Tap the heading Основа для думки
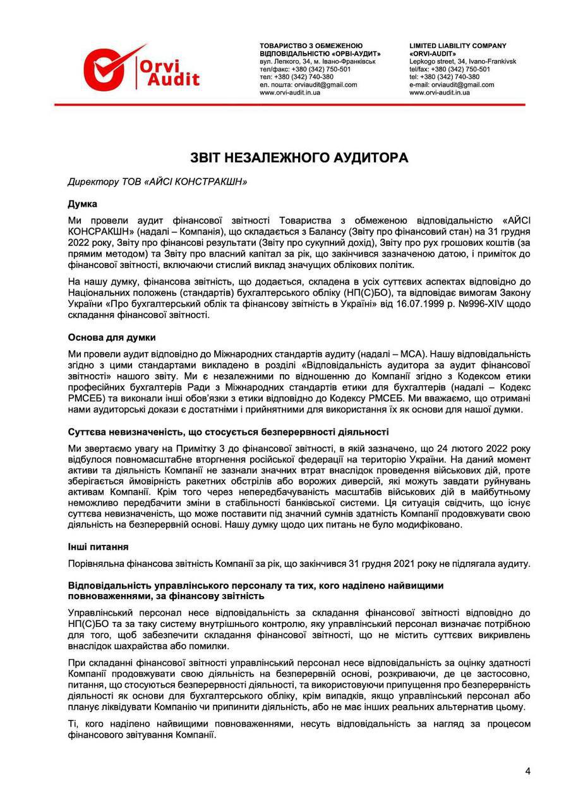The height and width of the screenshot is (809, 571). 111,336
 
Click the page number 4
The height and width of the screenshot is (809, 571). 527,770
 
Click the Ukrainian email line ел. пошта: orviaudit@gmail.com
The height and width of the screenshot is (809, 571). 308,84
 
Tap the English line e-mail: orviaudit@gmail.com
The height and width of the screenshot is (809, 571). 452,84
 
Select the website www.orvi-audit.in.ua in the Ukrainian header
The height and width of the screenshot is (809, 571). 290,92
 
